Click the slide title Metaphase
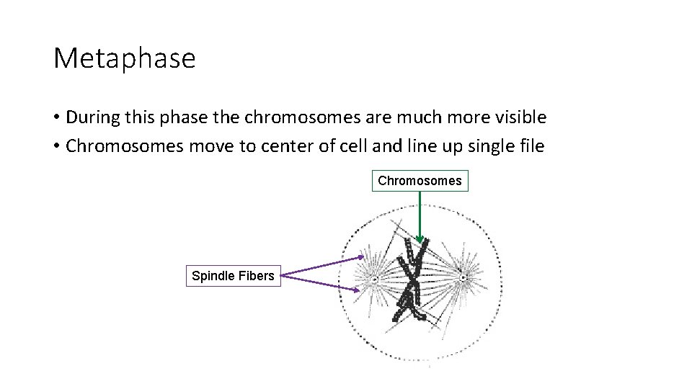124,58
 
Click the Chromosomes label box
420,180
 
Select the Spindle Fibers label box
233,275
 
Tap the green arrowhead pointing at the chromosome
420,239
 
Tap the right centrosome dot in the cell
463,276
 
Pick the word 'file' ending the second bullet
532,147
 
